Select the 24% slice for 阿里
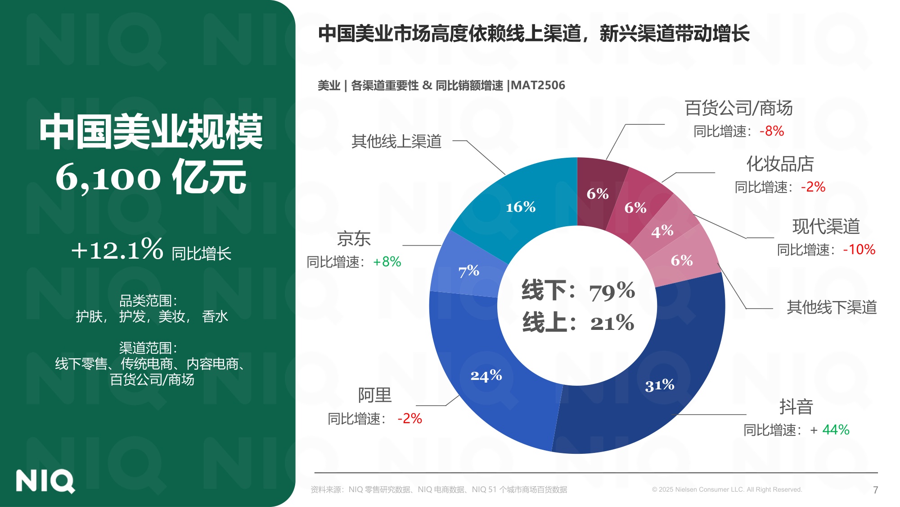click(486, 375)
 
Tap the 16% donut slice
click(521, 207)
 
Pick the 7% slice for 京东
click(468, 271)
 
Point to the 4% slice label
click(662, 231)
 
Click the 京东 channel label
click(354, 238)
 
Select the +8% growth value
click(387, 262)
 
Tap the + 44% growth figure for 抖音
click(830, 430)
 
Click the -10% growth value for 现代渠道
click(859, 250)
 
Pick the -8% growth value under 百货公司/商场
click(772, 131)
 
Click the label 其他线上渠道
click(396, 142)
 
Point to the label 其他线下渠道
click(832, 307)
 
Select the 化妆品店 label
click(780, 164)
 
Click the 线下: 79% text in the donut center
click(578, 291)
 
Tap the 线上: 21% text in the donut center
click(578, 323)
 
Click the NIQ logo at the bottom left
click(45, 481)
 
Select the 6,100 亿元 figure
click(151, 178)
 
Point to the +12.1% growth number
click(117, 250)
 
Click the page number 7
click(875, 490)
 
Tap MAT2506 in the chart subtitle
click(538, 85)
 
